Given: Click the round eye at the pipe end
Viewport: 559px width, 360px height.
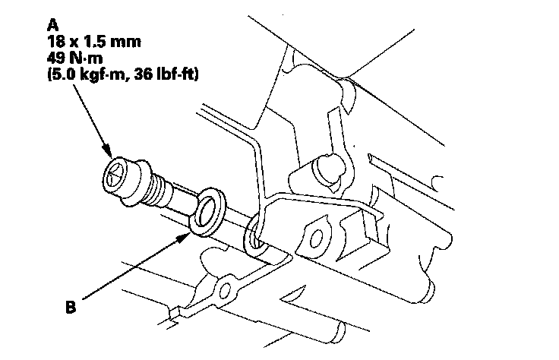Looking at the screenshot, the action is (256, 232).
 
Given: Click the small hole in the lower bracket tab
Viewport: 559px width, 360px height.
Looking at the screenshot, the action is (223, 290).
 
